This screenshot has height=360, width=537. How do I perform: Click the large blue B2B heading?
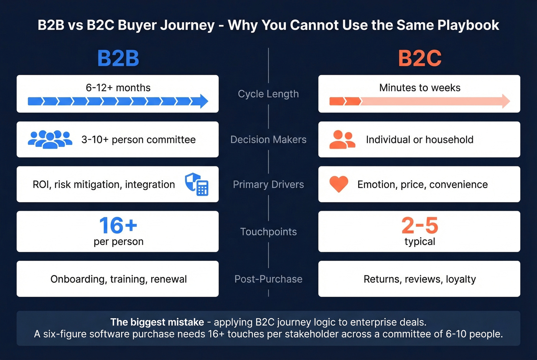118,58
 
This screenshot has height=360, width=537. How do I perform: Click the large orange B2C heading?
420,58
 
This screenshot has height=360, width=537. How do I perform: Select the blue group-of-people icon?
50,140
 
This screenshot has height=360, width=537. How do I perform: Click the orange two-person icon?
342,140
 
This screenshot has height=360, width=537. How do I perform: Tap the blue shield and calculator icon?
197,184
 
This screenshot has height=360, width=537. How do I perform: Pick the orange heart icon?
339,184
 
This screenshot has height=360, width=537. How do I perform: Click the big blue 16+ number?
118,225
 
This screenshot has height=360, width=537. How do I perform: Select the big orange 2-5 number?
420,225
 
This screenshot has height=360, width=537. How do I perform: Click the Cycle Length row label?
268,94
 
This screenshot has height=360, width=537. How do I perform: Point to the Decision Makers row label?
268,140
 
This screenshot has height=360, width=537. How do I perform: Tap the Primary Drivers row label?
268,184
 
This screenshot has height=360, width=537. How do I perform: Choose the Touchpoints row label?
268,232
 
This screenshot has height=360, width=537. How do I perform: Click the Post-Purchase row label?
268,279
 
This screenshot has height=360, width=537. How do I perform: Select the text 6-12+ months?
118,88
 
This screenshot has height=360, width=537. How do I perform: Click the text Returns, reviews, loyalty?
420,279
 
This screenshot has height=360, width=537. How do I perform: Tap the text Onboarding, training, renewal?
119,279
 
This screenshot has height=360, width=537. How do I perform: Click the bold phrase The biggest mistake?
157,322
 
